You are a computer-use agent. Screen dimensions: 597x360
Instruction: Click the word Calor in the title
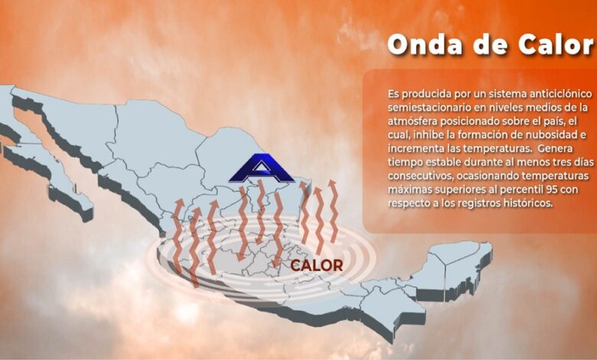(x=556, y=44)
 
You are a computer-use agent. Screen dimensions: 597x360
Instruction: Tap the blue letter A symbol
(x=262, y=168)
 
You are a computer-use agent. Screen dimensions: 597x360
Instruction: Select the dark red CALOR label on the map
(x=316, y=266)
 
